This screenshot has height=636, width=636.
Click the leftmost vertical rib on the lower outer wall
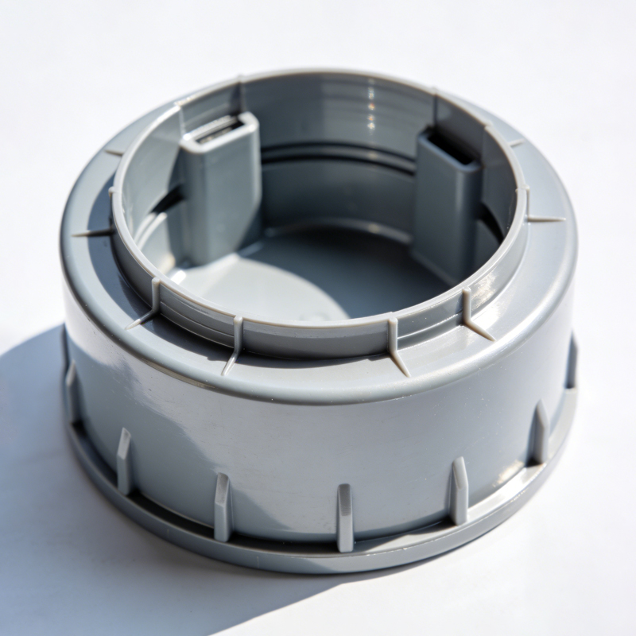click(x=71, y=390)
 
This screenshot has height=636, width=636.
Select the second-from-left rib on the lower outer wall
click(x=124, y=461)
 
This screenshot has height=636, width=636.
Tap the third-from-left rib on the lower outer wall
click(x=223, y=506)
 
